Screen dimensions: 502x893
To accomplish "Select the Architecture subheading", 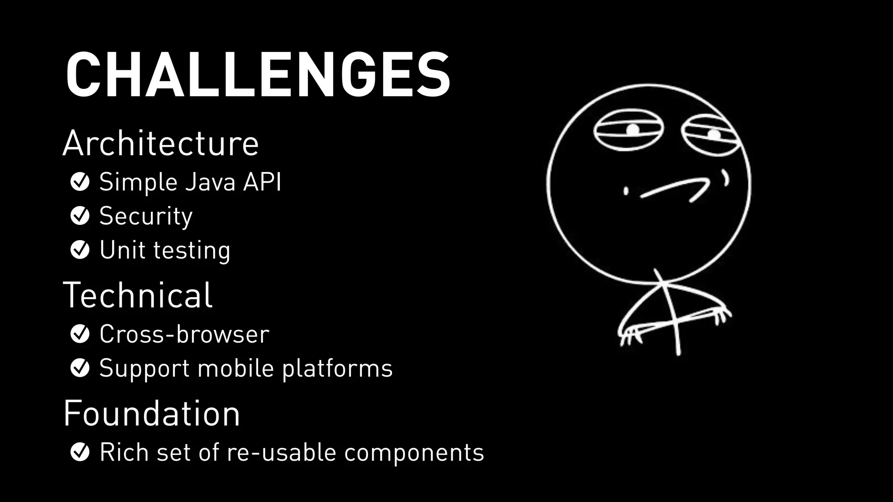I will tap(160, 143).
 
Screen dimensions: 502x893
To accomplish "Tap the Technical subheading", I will tap(138, 295).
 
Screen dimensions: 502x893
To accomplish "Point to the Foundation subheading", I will tap(152, 414).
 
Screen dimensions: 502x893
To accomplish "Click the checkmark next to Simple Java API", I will tap(80, 182).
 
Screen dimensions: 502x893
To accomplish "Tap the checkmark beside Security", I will tap(80, 216).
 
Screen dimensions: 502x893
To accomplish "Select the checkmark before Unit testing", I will tap(80, 250).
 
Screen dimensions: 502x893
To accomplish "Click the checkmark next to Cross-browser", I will tap(80, 334).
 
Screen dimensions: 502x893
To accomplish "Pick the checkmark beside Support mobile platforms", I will tap(80, 368).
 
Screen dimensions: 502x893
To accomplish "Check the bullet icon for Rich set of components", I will tap(80, 452).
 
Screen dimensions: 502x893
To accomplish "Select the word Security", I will tap(146, 217).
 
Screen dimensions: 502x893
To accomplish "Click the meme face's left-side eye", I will tap(628, 130).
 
